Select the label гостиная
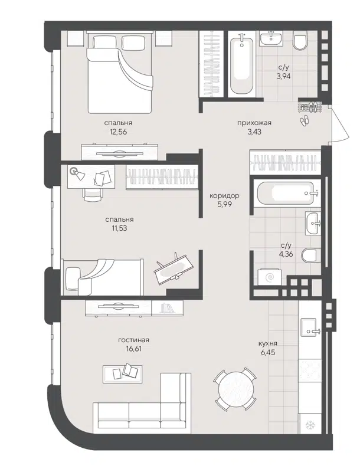click(133, 340)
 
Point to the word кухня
click(267, 343)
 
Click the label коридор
click(224, 196)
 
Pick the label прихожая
click(254, 123)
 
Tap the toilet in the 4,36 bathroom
click(309, 255)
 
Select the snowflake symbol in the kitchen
click(309, 425)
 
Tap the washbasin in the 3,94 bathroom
click(273, 38)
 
